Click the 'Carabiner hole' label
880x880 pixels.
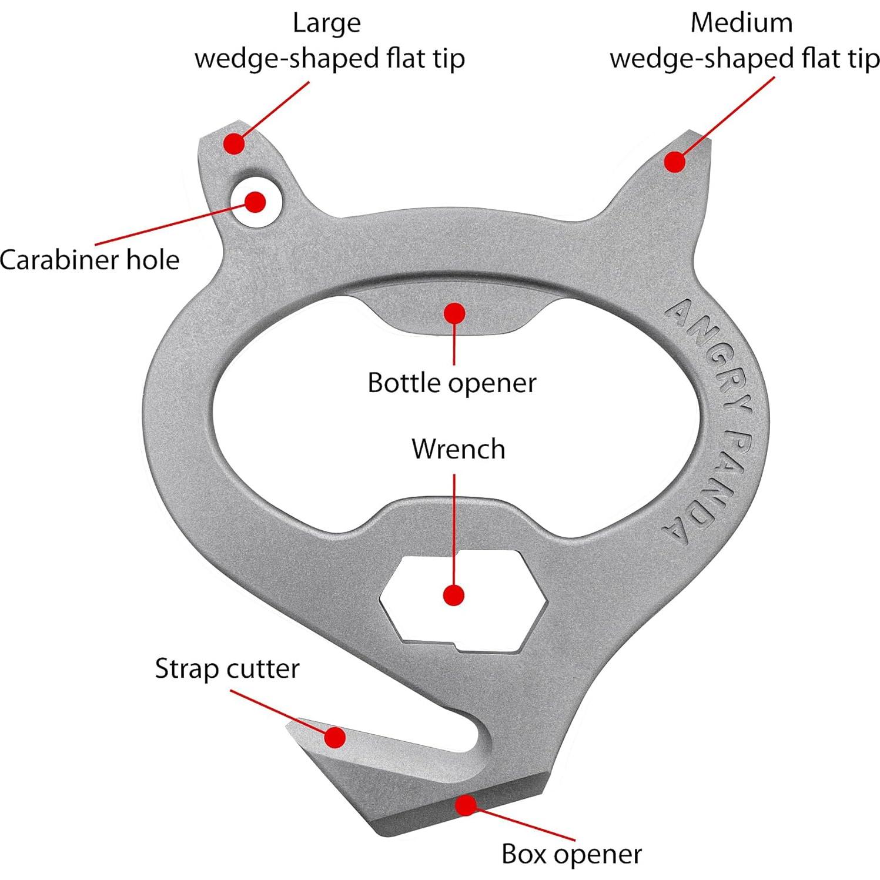(x=89, y=260)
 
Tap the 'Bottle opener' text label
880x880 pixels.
(x=451, y=383)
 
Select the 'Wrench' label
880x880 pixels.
(x=458, y=449)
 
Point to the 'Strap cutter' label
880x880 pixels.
(x=227, y=669)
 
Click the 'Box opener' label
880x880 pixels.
(x=571, y=854)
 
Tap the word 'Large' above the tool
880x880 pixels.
(x=326, y=24)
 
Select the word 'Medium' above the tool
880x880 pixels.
(x=741, y=24)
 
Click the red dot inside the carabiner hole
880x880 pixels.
(x=255, y=202)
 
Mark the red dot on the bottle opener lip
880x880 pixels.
(x=454, y=313)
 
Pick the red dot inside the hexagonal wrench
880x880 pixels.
(x=453, y=595)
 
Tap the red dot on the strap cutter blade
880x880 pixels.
(x=335, y=737)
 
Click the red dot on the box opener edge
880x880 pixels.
(x=466, y=805)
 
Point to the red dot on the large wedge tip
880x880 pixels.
(x=234, y=143)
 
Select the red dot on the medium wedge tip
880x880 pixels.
(x=675, y=162)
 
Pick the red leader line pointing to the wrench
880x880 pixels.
(x=454, y=529)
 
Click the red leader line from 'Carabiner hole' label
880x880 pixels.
(x=170, y=223)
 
